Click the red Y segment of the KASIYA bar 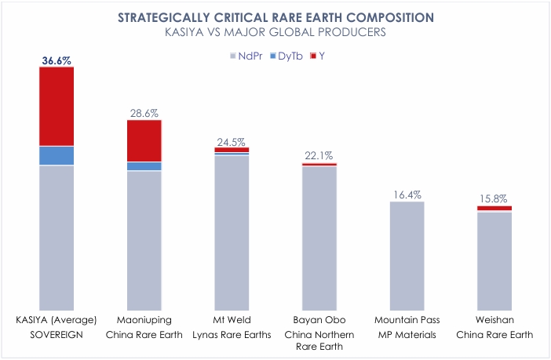(57, 106)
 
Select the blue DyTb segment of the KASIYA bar (57, 155)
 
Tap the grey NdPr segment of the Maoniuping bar (144, 241)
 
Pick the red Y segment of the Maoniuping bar (144, 140)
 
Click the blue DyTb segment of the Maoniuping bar (144, 166)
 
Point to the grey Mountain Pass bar (407, 256)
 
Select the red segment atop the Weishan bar (494, 209)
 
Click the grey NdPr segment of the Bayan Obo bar (319, 238)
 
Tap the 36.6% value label (57, 60)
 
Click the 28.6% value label (144, 113)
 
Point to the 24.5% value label (231, 142)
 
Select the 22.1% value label (319, 155)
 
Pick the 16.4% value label (407, 195)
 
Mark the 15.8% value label (494, 199)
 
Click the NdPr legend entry (246, 56)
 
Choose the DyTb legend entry (286, 56)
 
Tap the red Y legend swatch (313, 56)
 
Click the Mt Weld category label (232, 320)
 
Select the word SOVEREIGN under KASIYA (57, 334)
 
